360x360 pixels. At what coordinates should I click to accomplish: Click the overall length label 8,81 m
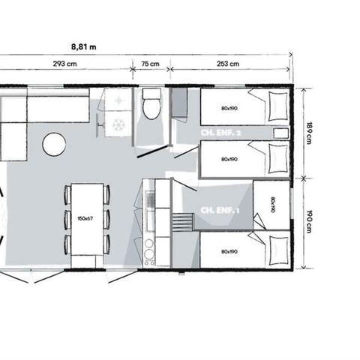[88, 46]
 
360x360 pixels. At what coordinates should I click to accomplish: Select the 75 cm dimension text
[151, 63]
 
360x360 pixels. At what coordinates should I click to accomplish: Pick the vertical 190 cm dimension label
[308, 223]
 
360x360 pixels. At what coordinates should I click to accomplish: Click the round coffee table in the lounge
[54, 144]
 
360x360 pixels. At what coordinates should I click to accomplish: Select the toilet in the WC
[151, 106]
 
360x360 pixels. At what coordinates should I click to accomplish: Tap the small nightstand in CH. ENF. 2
[280, 133]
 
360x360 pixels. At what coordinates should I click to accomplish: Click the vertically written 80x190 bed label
[271, 204]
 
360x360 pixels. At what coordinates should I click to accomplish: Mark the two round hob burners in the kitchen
[148, 252]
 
